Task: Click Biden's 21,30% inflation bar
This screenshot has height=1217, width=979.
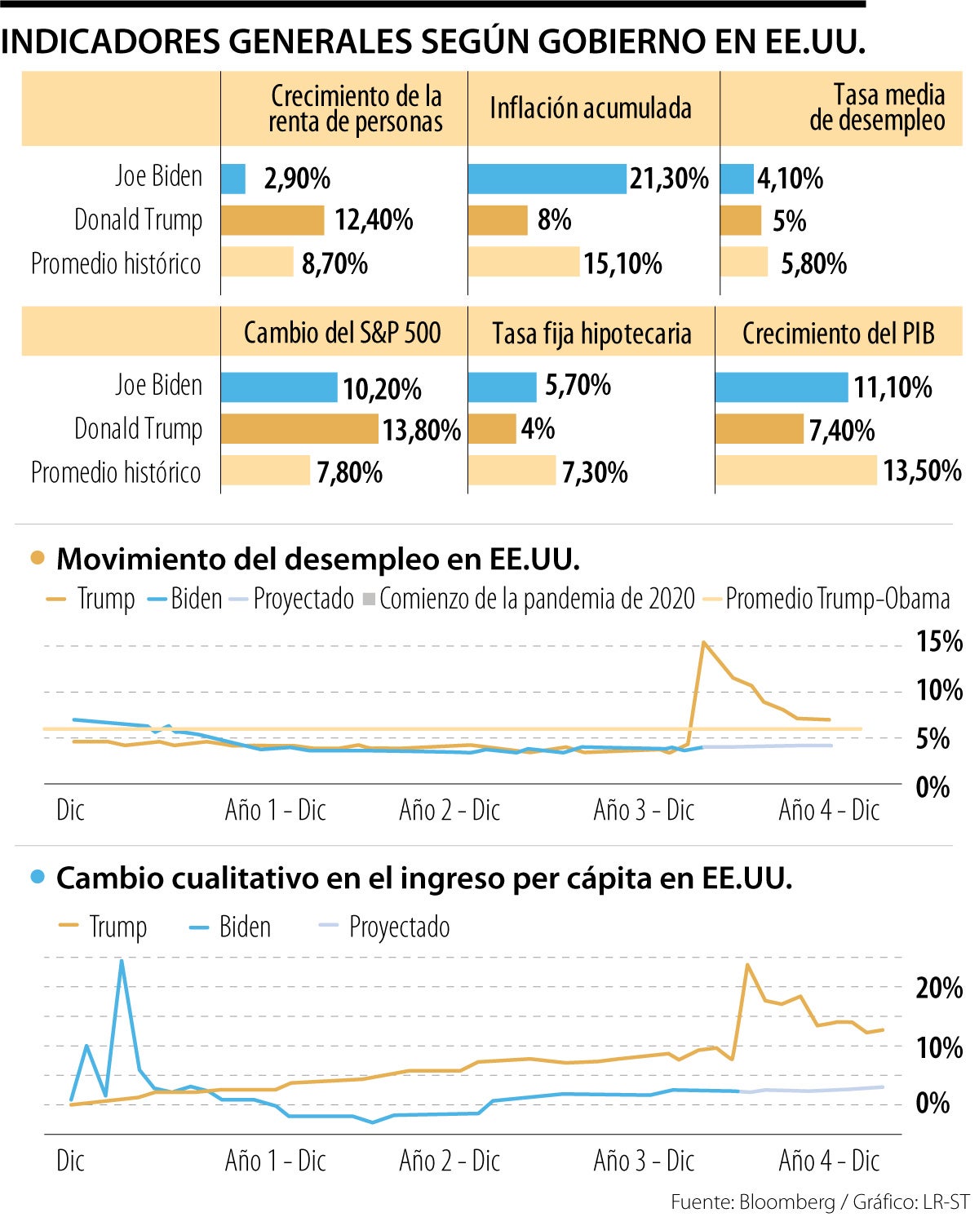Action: point(547,179)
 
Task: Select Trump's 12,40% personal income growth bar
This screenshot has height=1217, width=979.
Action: point(272,220)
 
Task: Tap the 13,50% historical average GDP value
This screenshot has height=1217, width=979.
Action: point(922,471)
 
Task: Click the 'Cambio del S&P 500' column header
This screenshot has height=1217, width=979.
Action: point(342,333)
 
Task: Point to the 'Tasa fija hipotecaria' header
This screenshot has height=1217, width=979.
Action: point(591,334)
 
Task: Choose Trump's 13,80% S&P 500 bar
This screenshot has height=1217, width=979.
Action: point(300,429)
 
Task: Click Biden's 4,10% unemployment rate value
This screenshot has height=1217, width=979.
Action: point(790,179)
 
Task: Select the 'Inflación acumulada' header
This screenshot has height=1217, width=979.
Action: point(591,108)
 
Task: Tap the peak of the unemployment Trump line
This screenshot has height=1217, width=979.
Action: point(703,643)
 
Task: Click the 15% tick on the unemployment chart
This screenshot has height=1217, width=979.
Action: point(938,642)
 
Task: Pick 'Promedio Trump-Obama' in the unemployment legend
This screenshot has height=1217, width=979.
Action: point(837,599)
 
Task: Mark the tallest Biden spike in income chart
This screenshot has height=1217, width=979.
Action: point(122,961)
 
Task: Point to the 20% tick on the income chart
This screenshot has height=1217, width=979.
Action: point(938,989)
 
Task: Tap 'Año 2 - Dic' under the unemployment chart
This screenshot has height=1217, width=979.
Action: point(450,810)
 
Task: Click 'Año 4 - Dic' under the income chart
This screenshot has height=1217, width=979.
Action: point(829,1160)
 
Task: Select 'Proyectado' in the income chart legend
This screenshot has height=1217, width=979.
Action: point(399,927)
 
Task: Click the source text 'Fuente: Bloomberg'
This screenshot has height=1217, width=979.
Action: point(752,1202)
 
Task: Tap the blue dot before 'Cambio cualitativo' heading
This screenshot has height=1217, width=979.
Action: point(38,878)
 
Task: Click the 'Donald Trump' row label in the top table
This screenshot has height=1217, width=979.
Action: point(138,220)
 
